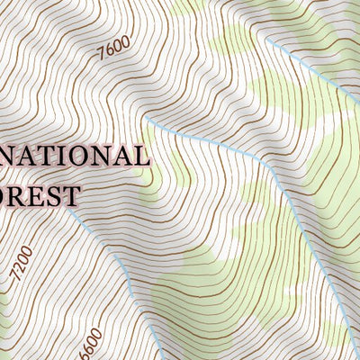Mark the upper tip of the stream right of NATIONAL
(x=146, y=116)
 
